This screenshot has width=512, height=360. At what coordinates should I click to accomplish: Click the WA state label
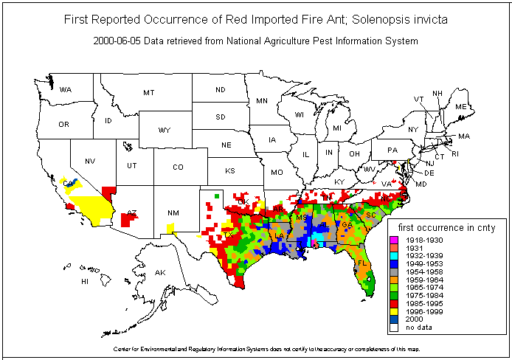(66, 90)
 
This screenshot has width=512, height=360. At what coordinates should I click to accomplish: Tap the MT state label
(149, 93)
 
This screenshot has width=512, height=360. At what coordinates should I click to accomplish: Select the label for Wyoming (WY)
(164, 131)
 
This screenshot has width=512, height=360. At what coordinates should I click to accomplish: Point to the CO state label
(178, 167)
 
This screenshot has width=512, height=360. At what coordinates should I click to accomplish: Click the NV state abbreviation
(90, 162)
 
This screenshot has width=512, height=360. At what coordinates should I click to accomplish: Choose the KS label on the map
(230, 171)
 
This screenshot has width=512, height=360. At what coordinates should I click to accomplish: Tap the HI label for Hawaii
(85, 282)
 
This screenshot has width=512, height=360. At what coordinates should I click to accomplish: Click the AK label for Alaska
(160, 273)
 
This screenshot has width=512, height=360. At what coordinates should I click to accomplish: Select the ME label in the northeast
(461, 107)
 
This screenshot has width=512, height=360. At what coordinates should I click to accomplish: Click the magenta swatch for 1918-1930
(393, 240)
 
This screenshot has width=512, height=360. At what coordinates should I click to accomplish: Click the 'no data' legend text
(417, 327)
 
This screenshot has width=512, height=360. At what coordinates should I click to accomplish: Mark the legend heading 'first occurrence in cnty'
(446, 228)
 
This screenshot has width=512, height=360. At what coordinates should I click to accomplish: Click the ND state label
(220, 90)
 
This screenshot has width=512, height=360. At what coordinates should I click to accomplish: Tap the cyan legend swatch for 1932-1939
(393, 256)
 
